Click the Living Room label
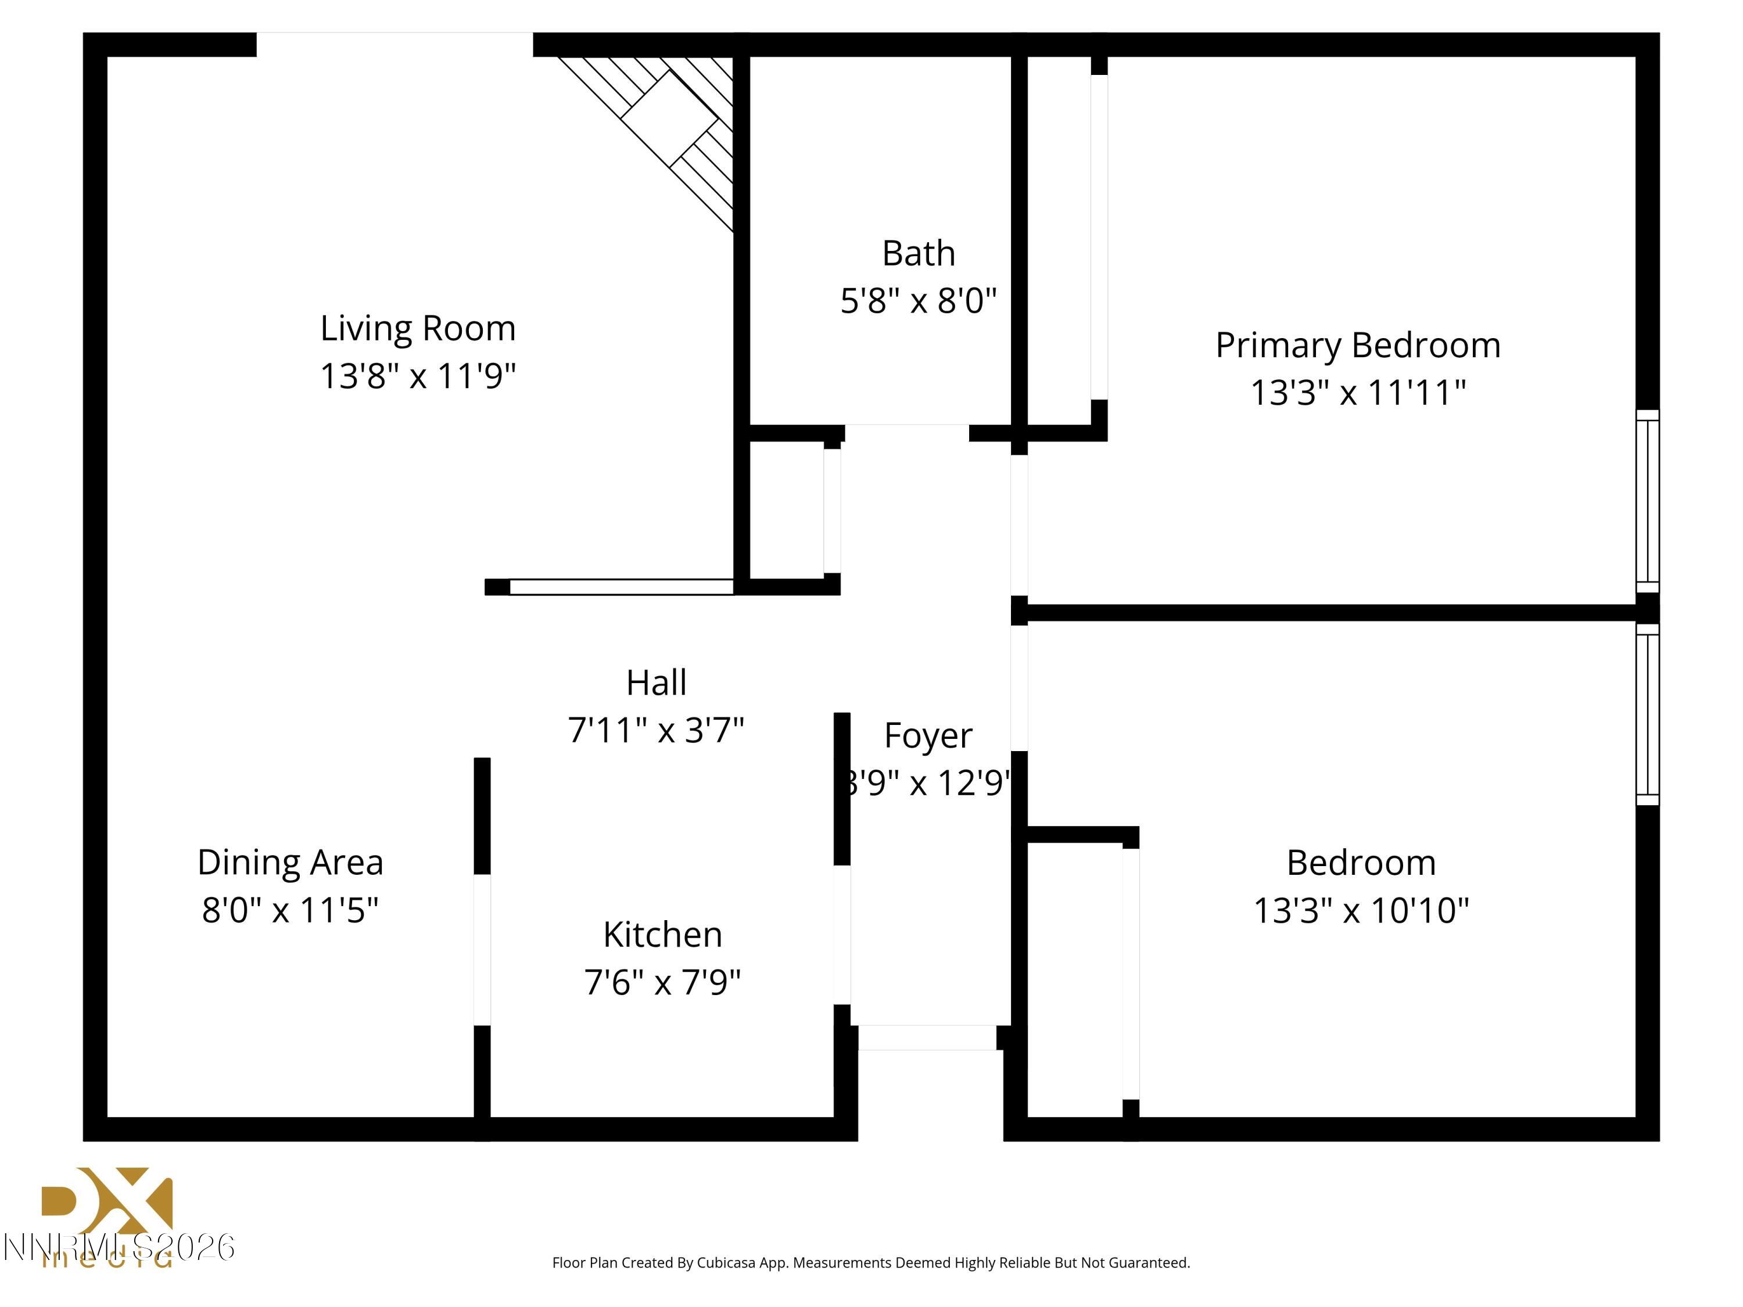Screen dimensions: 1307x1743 tap(418, 329)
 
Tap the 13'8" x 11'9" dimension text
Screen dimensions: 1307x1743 tap(418, 376)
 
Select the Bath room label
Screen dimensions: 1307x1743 tap(918, 254)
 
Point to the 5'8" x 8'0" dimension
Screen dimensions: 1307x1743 tap(918, 301)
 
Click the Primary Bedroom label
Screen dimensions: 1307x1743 tap(1358, 346)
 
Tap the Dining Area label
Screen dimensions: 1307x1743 tap(290, 863)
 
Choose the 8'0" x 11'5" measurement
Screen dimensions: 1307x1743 tap(290, 910)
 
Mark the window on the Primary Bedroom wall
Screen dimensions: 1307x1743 tap(1647, 501)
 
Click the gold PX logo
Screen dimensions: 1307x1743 tap(107, 1202)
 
